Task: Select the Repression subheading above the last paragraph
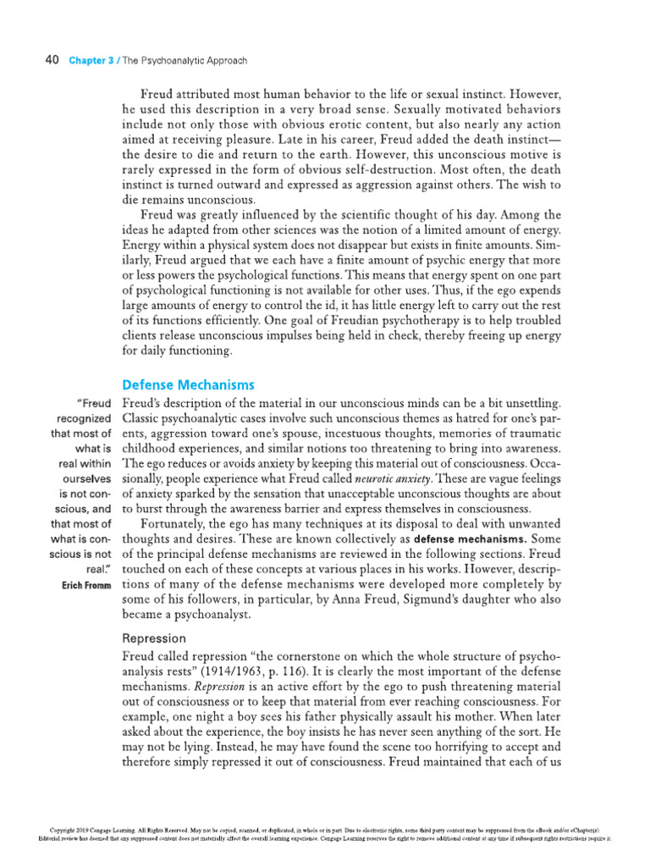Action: click(155, 638)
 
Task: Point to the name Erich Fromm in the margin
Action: click(85, 585)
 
